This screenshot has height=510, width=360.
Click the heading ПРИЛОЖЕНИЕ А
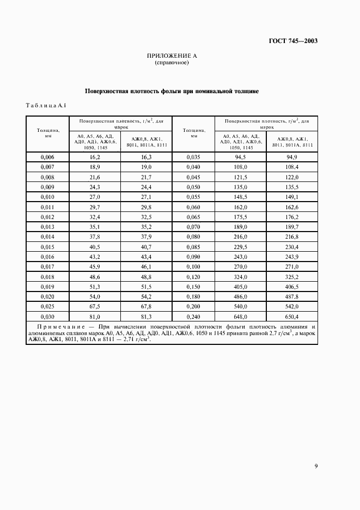(x=172, y=56)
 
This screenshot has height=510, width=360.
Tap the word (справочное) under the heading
(x=172, y=63)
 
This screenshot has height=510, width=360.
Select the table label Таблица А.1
(x=46, y=105)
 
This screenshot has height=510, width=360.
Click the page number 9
(x=316, y=465)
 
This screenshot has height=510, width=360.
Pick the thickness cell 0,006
(x=48, y=157)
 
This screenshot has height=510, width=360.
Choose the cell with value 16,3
(x=146, y=157)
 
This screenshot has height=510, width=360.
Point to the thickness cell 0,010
(x=48, y=197)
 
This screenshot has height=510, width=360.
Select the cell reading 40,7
(x=146, y=246)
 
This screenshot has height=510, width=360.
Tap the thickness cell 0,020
(x=48, y=296)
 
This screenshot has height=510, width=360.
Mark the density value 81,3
(x=146, y=316)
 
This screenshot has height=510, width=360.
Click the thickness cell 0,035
(x=194, y=157)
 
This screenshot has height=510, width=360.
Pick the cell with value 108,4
(x=291, y=167)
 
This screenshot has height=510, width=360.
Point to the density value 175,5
(x=240, y=216)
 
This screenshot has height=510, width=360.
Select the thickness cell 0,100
(x=194, y=266)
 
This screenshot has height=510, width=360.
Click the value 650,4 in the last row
(x=291, y=316)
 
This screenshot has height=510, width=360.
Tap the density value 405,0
(x=240, y=286)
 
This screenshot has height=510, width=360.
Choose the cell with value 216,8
(x=291, y=236)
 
